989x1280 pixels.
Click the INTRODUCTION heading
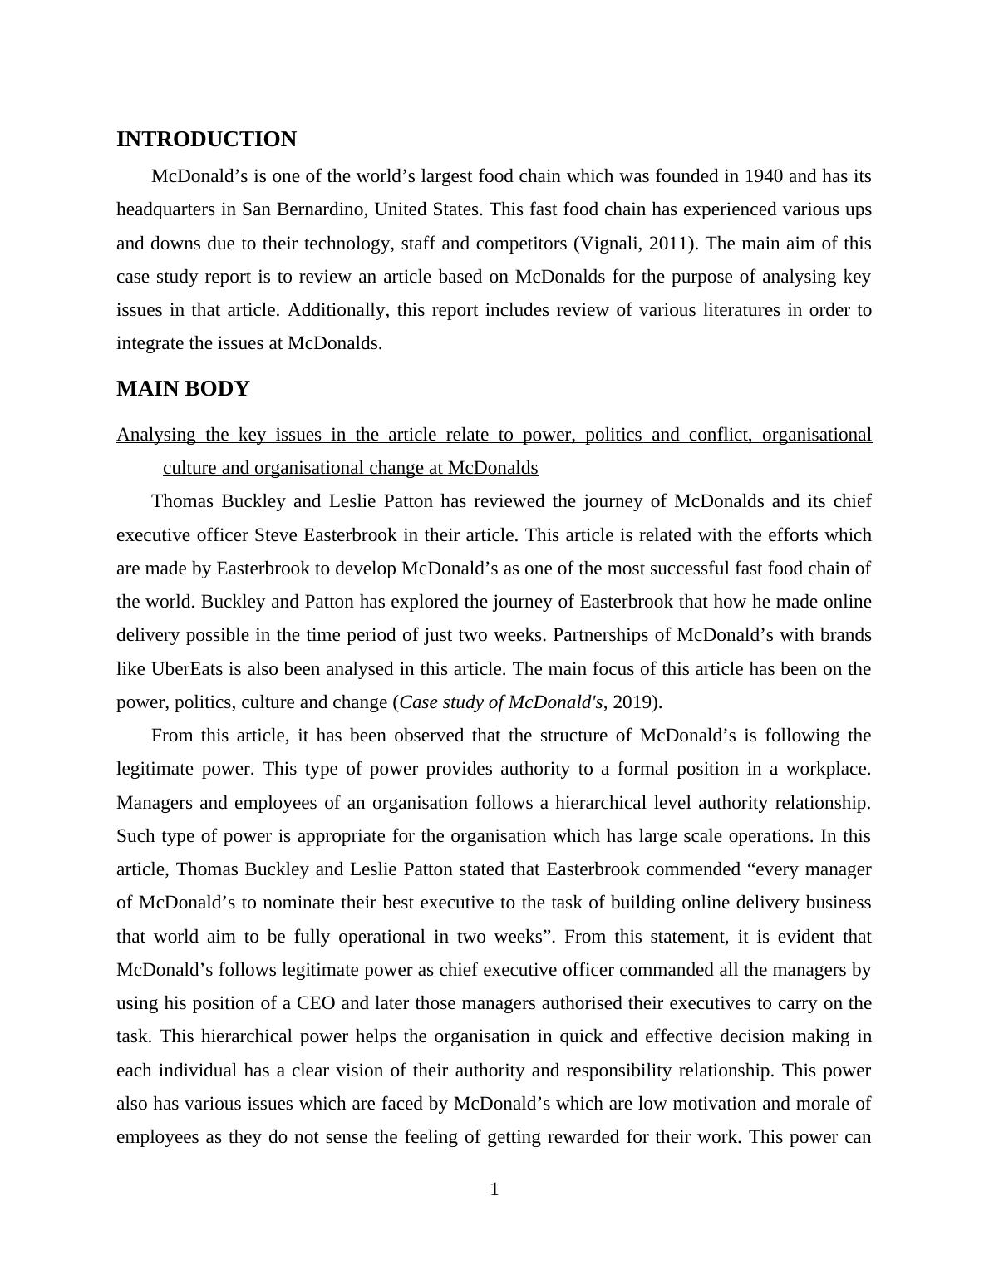click(x=206, y=140)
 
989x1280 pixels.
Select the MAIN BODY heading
click(x=183, y=389)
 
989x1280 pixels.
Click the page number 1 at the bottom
click(x=494, y=1190)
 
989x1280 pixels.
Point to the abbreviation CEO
click(x=316, y=1003)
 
